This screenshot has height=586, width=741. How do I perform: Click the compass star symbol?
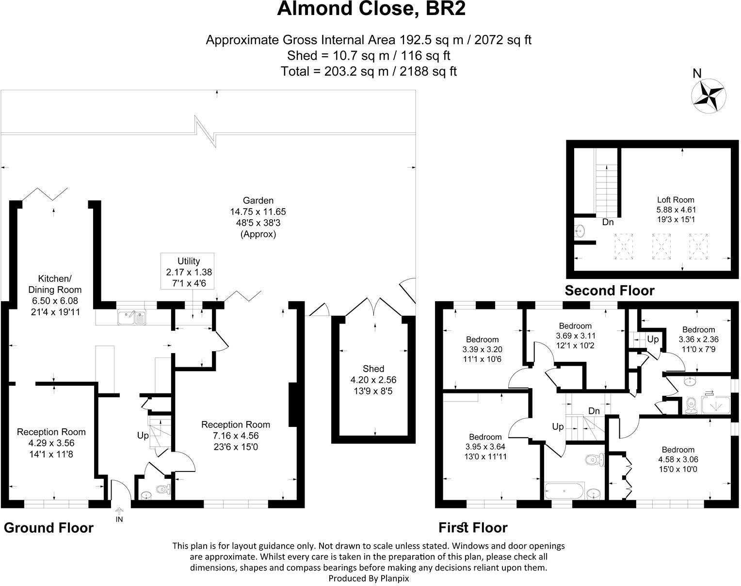709,96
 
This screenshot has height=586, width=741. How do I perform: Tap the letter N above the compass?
696,73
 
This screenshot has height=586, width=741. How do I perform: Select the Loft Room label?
676,200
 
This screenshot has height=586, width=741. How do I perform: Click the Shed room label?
373,369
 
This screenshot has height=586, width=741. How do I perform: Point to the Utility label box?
187,271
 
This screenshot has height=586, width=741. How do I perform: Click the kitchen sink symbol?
131,317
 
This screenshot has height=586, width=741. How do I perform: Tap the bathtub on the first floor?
564,490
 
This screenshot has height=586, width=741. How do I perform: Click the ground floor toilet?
164,489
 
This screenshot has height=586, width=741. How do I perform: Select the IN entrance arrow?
119,510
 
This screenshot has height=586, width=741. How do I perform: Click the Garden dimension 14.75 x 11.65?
258,212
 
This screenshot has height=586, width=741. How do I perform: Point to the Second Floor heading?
610,291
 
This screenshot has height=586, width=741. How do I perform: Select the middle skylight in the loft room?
661,246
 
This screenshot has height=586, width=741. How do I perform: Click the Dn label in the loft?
608,222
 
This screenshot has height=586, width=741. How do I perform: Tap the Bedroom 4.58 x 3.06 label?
678,459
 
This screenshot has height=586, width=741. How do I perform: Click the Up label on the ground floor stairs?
143,436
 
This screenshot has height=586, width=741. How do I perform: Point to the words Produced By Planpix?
369,578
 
